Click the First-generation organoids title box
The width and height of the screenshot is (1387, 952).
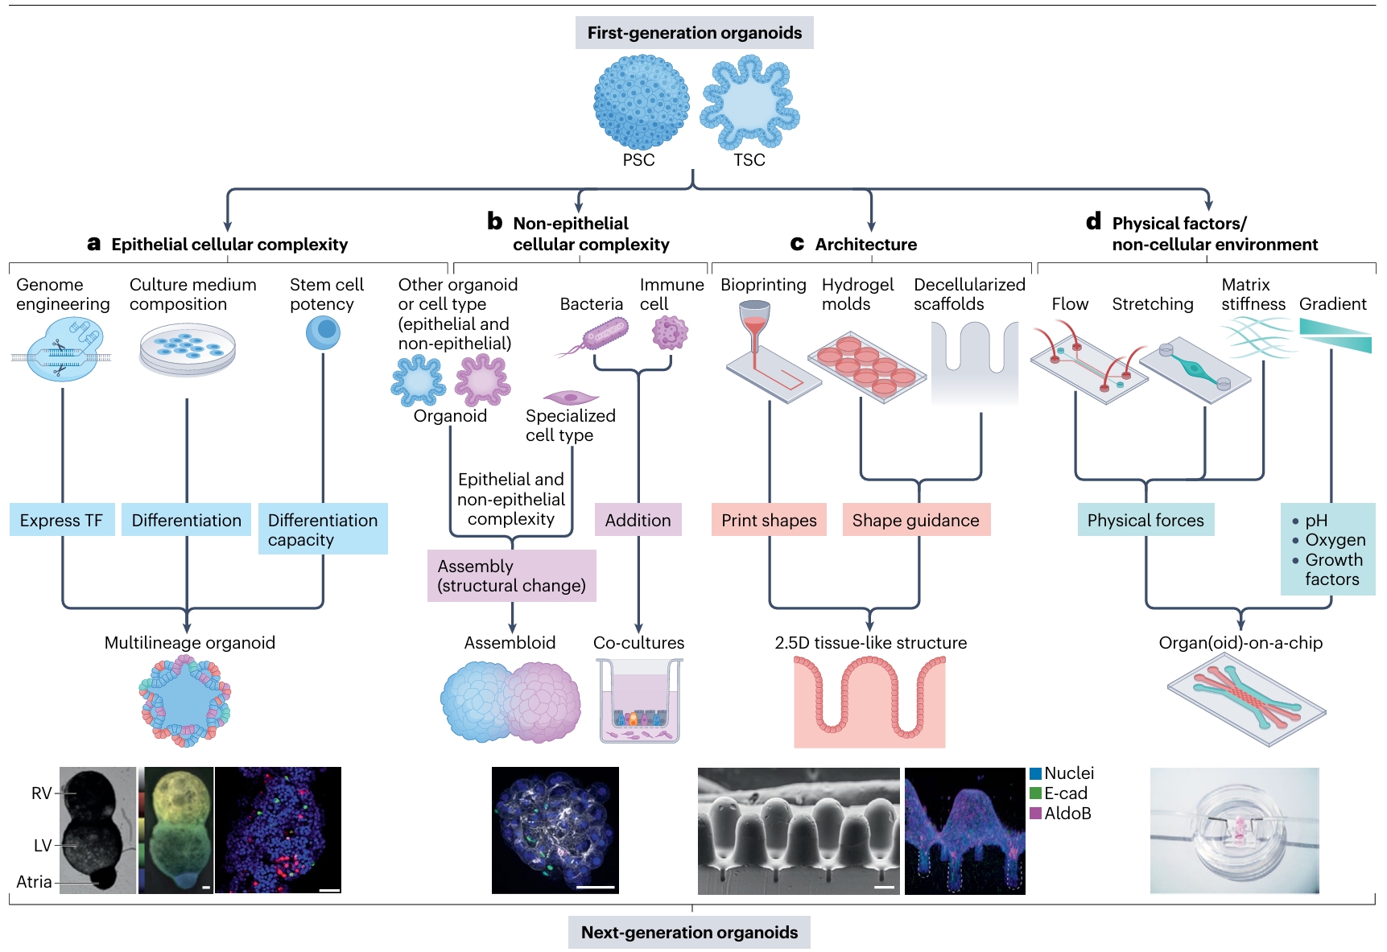click(x=694, y=33)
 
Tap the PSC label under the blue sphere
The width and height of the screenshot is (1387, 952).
click(x=638, y=160)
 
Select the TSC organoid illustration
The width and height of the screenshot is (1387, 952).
click(x=750, y=103)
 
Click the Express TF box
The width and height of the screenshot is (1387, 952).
click(x=62, y=520)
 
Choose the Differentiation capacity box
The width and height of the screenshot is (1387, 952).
click(x=323, y=530)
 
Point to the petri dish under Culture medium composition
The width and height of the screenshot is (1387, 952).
click(x=188, y=349)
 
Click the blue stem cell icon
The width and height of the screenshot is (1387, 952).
click(x=323, y=332)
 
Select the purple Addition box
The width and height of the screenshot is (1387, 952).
click(x=638, y=520)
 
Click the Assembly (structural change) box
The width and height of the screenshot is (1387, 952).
click(x=512, y=575)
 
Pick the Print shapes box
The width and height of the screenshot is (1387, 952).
click(x=769, y=520)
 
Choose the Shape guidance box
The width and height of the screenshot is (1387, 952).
click(x=916, y=520)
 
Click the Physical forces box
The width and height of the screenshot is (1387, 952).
click(x=1146, y=520)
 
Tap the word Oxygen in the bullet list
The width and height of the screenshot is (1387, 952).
click(x=1335, y=540)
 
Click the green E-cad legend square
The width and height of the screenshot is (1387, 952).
click(x=1035, y=793)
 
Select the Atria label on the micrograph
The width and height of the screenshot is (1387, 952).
click(x=34, y=882)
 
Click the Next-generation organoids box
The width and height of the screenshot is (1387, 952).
click(x=689, y=933)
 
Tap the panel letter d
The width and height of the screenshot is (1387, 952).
click(x=1093, y=221)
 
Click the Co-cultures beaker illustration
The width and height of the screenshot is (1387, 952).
click(x=639, y=700)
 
